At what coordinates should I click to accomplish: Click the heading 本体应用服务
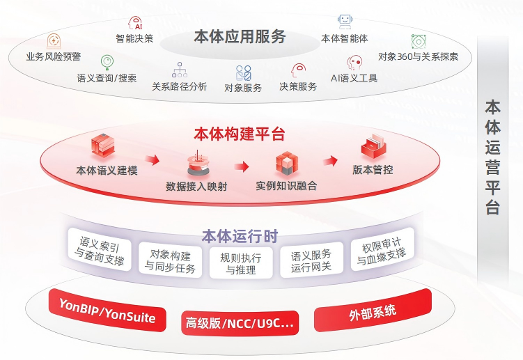240,36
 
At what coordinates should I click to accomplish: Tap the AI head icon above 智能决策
135,23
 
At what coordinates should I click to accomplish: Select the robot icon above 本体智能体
345,22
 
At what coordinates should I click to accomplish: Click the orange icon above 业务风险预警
54,41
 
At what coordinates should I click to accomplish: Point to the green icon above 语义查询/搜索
107,63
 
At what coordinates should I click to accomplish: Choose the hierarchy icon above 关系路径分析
180,70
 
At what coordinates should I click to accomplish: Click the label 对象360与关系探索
418,56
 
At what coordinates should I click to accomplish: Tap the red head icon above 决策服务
298,71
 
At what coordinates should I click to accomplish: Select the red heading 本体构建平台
239,134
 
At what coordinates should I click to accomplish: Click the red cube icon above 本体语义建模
103,146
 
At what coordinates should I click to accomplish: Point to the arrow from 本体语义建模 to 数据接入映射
152,160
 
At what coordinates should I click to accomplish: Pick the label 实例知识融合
286,185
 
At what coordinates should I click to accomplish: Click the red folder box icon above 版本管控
373,146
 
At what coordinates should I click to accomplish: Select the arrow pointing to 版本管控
330,161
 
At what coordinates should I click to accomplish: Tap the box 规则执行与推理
241,263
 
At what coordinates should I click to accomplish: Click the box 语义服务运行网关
311,260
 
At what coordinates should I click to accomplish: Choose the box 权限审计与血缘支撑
382,249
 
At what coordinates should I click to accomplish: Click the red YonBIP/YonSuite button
107,310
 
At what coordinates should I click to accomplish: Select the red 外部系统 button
373,311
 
